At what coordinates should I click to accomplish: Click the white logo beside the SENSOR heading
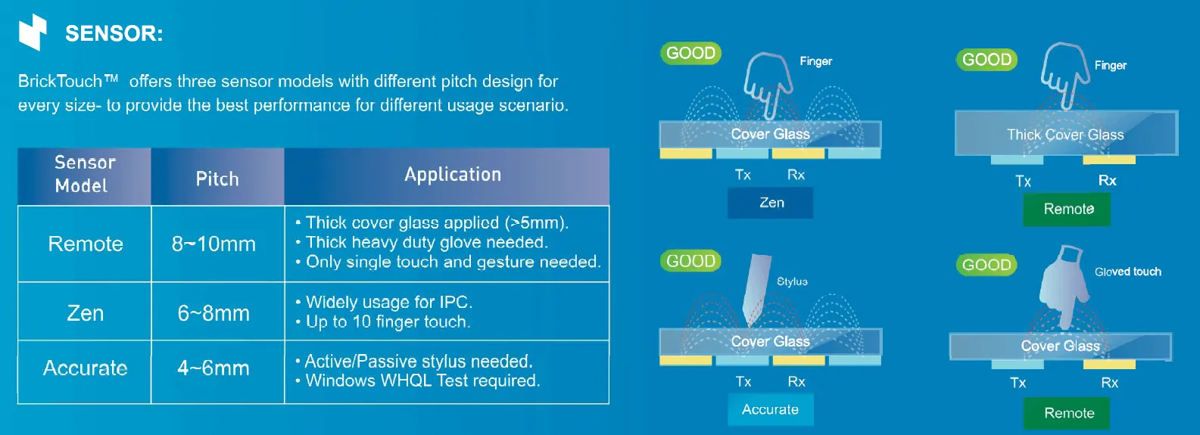pos(33,33)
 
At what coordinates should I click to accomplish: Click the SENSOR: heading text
pos(114,34)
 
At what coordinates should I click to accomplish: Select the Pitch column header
pos(217,179)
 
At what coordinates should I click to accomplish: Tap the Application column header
pos(452,175)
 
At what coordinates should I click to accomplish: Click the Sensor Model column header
pos(84,175)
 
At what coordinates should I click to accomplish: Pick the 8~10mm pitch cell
pos(214,244)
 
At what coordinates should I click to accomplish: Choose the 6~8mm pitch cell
pos(214,313)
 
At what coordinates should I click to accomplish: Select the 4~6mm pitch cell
pos(214,368)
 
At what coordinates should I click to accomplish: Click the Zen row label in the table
pos(85,313)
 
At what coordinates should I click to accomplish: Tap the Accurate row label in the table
pos(85,368)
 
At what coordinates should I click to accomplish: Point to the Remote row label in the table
pos(85,244)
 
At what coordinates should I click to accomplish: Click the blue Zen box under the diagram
pos(771,203)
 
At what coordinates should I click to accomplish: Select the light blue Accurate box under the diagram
pos(770,409)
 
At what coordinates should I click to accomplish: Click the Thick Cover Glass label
pos(1065,135)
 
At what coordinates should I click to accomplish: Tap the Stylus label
pos(792,281)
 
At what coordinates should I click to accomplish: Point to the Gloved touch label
pos(1127,272)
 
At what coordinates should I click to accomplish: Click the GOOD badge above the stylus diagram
pos(690,261)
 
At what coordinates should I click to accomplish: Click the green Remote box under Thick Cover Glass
pos(1068,209)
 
